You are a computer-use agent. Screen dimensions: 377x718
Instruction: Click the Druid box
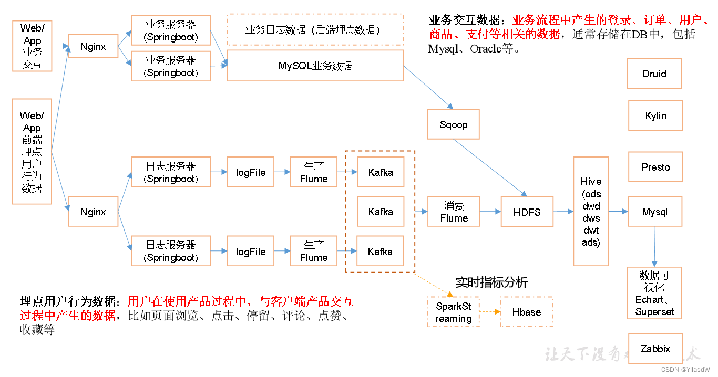(x=654, y=74)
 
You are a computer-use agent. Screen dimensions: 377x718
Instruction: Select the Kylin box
(x=655, y=116)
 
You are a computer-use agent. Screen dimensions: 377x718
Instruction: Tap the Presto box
(x=655, y=167)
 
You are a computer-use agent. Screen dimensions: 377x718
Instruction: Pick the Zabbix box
(x=655, y=349)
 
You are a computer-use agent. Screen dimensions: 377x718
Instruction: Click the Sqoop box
(x=453, y=124)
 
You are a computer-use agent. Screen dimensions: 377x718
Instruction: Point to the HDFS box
(x=527, y=212)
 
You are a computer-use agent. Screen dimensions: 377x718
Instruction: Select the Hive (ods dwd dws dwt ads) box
(x=591, y=212)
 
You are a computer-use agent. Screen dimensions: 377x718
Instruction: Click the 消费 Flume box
(x=454, y=212)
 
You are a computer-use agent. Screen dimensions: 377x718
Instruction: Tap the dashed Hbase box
(x=526, y=312)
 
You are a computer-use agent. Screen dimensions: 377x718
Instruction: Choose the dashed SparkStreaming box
(x=453, y=312)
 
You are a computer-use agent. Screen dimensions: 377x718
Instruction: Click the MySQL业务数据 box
(x=315, y=66)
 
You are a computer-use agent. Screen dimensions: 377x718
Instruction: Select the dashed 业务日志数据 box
(x=315, y=30)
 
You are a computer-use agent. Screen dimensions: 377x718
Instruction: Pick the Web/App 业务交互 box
(x=32, y=46)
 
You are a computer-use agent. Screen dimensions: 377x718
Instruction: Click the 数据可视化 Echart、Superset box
(x=654, y=293)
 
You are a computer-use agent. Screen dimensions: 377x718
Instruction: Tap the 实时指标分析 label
(x=491, y=282)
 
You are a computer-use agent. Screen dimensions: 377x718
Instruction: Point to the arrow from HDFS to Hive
(x=563, y=212)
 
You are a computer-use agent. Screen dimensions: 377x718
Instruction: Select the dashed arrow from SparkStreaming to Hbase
(x=490, y=312)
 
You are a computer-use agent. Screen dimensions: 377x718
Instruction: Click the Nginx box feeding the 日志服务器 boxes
(x=93, y=212)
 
